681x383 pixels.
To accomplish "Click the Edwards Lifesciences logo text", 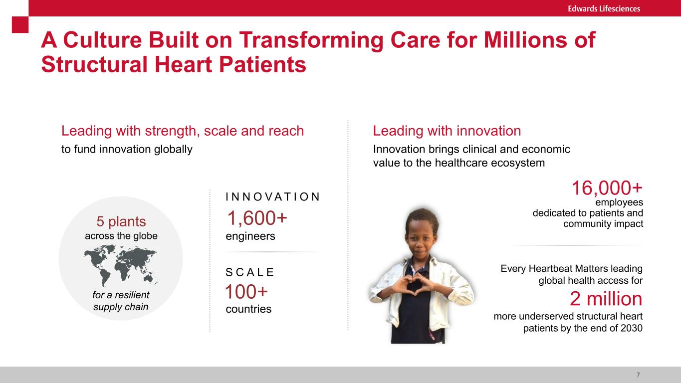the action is coord(604,8).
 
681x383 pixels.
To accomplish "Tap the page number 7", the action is coord(638,375).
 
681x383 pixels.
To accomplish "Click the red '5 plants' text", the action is coord(121,221).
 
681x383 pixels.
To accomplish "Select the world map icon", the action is coord(121,266).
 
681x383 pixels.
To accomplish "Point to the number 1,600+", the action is coord(257,218).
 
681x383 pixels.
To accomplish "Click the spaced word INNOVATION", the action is coord(273,196).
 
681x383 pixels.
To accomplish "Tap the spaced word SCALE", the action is coord(250,272).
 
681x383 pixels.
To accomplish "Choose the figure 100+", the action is coord(246,292).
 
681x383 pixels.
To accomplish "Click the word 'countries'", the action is coord(248,309).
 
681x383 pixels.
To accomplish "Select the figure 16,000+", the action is coord(607,188).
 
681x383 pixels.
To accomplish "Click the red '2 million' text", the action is coord(606,299).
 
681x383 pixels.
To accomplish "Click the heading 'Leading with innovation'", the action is coord(447,131).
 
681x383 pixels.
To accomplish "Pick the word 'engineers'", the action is coord(250,236).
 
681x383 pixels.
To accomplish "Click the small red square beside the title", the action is coord(20,24).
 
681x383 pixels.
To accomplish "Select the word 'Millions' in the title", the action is coord(525,40).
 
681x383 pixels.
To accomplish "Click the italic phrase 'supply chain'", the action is coord(121,307).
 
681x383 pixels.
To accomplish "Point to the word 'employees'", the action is coord(619,202).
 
